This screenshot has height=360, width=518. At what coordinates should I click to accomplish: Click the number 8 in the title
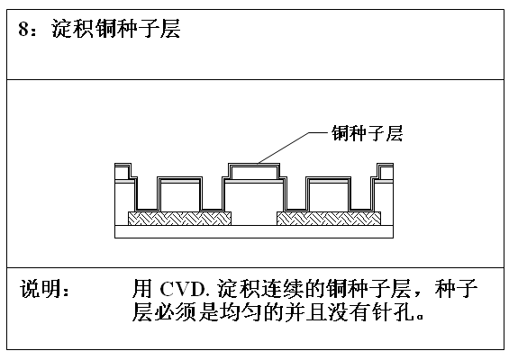[23, 29]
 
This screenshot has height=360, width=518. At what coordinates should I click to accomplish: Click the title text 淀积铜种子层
[116, 29]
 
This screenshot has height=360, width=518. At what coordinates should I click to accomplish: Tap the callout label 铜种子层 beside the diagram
[367, 133]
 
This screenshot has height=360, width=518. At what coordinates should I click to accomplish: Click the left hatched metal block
[179, 219]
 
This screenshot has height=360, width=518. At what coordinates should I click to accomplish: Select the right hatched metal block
[329, 219]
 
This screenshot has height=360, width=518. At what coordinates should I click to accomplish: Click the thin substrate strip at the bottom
[254, 231]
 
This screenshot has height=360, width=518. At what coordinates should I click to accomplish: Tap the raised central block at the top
[254, 172]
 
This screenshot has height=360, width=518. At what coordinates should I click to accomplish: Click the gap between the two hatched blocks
[254, 219]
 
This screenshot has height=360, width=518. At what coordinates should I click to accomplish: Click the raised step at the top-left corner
[123, 171]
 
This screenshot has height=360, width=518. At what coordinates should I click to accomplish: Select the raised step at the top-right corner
[386, 171]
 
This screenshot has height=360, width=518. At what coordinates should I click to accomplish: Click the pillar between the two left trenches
[179, 194]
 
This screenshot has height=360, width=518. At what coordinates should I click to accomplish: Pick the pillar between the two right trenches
[329, 194]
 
